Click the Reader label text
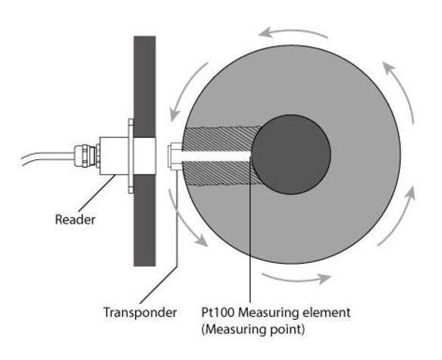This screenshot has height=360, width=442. point(75,220)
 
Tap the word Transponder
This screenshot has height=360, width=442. point(140,313)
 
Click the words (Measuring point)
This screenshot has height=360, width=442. point(253,329)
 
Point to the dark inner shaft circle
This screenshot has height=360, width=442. point(291,155)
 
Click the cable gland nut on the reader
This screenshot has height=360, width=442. point(86,156)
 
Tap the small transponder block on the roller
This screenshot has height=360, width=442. point(175,156)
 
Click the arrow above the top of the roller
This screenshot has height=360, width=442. point(293,31)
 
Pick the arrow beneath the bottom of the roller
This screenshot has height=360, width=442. point(296,279)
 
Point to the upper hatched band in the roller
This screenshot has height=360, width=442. point(221,139)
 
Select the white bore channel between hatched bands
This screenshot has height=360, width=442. point(216,156)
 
